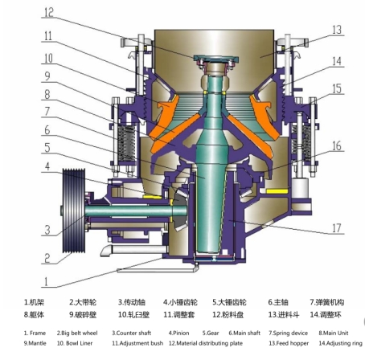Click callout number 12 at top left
click(x=49, y=12)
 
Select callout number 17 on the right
click(x=337, y=228)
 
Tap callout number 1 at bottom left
click(x=46, y=282)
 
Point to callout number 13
click(x=337, y=30)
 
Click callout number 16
click(x=337, y=146)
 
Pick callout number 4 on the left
click(x=47, y=166)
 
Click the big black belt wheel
click(x=74, y=211)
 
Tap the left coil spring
click(x=126, y=143)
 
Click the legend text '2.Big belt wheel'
click(x=77, y=333)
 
